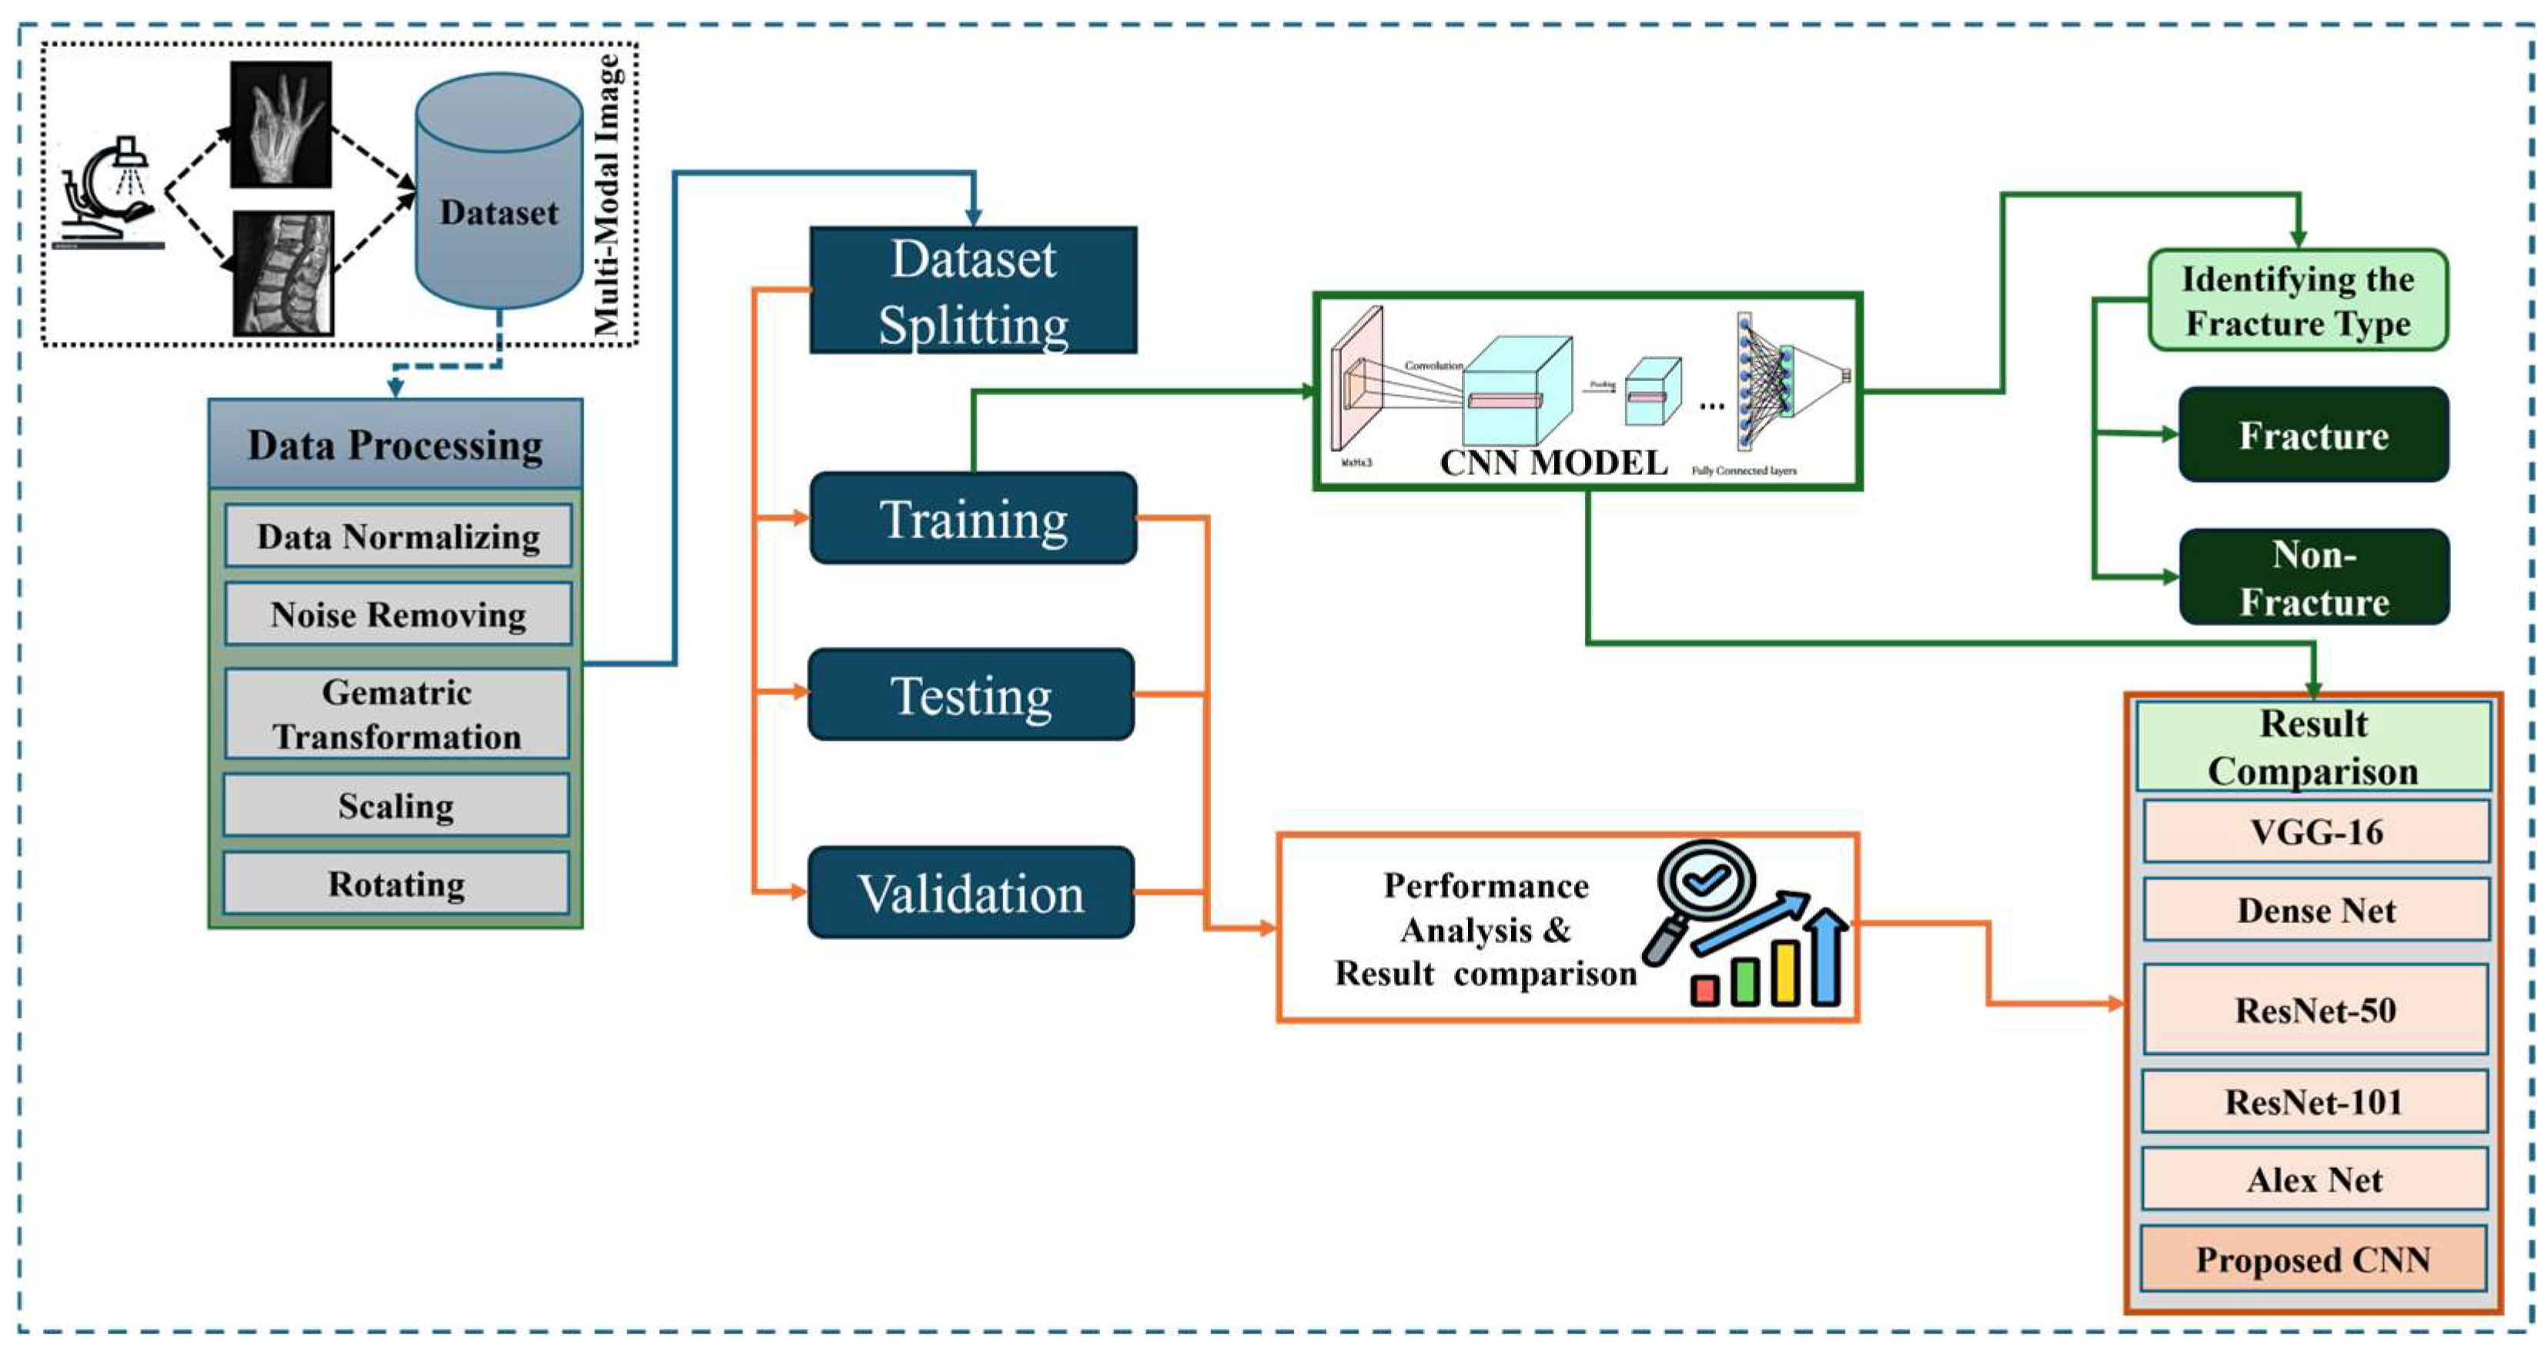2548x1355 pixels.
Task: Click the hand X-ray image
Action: pyautogui.click(x=281, y=125)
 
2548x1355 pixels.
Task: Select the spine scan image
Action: pyautogui.click(x=283, y=274)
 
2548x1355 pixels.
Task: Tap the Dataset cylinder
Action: pyautogui.click(x=499, y=193)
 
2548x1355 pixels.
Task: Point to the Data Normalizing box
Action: pyautogui.click(x=398, y=536)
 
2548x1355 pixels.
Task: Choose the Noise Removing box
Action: pyautogui.click(x=398, y=614)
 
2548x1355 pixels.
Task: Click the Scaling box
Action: pyautogui.click(x=396, y=805)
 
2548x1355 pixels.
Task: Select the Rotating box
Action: pyautogui.click(x=396, y=883)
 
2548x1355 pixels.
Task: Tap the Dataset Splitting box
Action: pyautogui.click(x=972, y=291)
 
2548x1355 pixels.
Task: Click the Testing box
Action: pyautogui.click(x=971, y=694)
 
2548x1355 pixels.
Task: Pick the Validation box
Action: pyautogui.click(x=971, y=892)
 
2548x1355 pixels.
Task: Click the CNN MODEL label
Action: pyautogui.click(x=1553, y=463)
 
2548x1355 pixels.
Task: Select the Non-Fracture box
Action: pyautogui.click(x=2313, y=577)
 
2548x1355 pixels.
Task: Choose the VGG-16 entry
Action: pyautogui.click(x=2316, y=831)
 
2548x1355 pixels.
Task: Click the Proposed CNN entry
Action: pyautogui.click(x=2312, y=1258)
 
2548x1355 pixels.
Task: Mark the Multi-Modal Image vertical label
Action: pyautogui.click(x=607, y=195)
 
